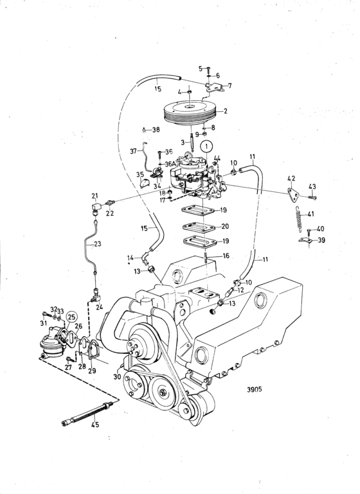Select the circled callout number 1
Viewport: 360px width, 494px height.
point(206,146)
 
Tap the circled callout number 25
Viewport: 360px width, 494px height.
point(71,316)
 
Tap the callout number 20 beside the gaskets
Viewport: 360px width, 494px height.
point(224,226)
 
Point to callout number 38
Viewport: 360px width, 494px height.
point(156,129)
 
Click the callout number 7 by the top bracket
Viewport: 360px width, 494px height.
point(231,85)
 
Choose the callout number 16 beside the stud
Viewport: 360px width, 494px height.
point(225,255)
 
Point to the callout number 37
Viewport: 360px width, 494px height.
point(133,152)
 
